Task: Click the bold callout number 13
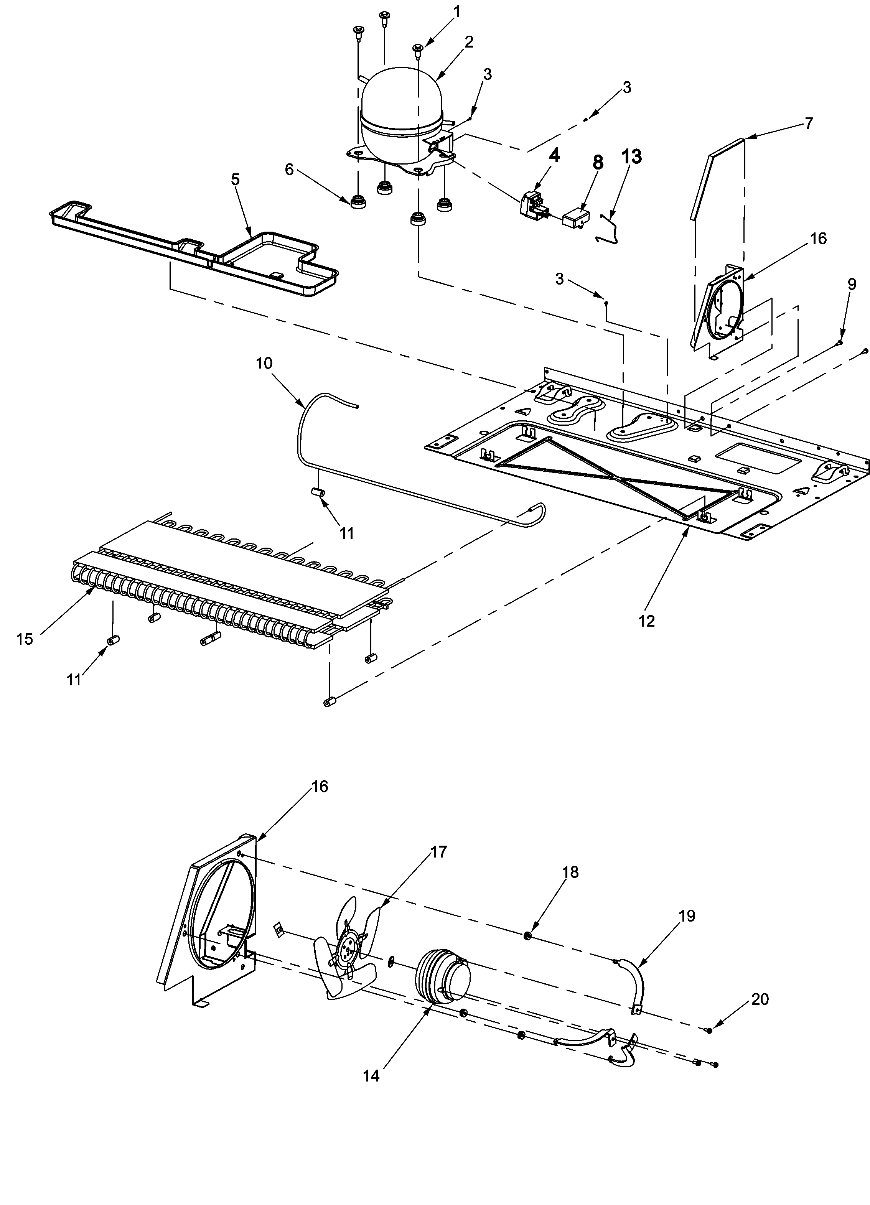point(631,157)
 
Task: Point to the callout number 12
point(646,621)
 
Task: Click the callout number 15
point(25,639)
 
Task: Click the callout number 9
point(852,284)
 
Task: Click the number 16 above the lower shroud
point(320,786)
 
